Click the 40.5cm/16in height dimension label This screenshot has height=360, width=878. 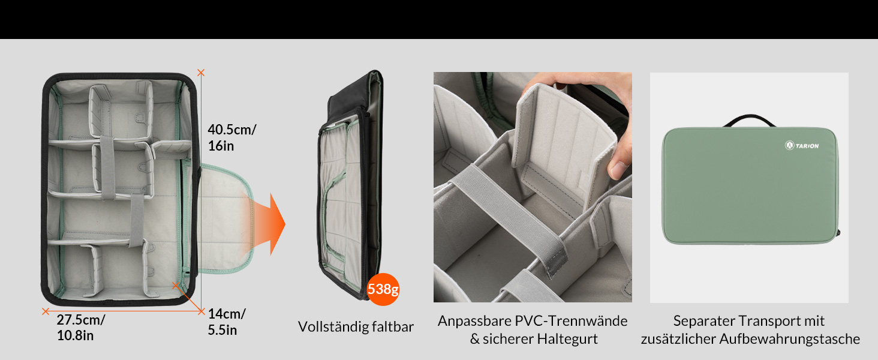(231, 137)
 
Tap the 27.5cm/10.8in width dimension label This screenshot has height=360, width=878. (81, 328)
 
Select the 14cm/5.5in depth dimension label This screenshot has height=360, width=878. (227, 322)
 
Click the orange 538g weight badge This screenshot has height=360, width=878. (383, 289)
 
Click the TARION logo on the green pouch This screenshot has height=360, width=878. (802, 145)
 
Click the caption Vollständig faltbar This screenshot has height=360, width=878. (356, 326)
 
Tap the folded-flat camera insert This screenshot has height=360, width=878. (350, 184)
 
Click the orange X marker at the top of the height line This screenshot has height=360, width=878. (201, 73)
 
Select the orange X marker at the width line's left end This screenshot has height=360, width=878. (46, 311)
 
